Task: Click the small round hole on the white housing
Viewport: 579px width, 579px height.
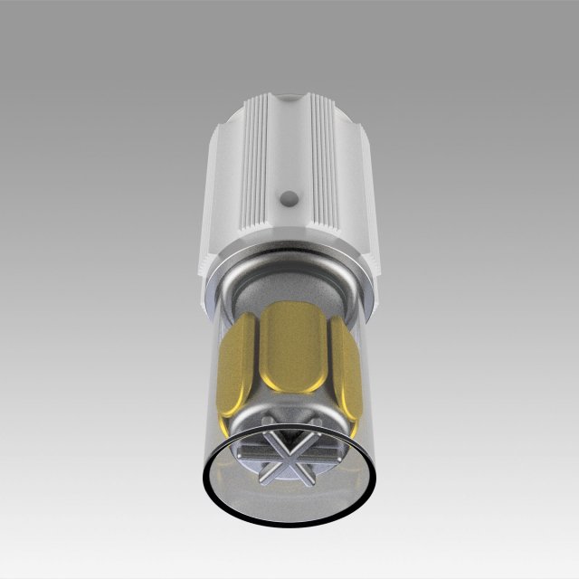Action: (x=289, y=195)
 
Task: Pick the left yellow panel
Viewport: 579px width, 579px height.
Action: (x=236, y=366)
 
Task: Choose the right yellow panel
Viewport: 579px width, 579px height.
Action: (x=344, y=366)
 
